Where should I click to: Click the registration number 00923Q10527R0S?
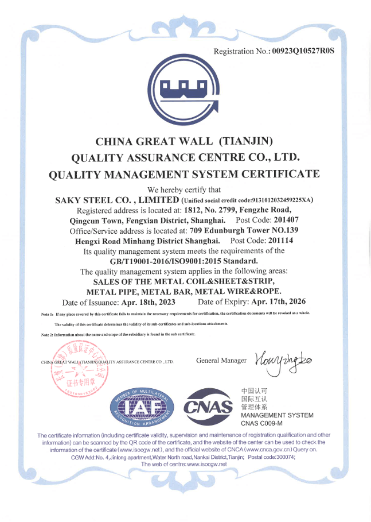coord(303,51)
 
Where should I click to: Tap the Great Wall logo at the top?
coord(185,94)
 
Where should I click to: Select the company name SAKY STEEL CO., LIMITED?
coord(116,200)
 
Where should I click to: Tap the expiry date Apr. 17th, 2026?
coord(278,301)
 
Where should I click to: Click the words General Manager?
coord(221,361)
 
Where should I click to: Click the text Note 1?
coord(47,314)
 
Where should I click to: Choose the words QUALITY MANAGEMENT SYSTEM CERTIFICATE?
coord(184,174)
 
